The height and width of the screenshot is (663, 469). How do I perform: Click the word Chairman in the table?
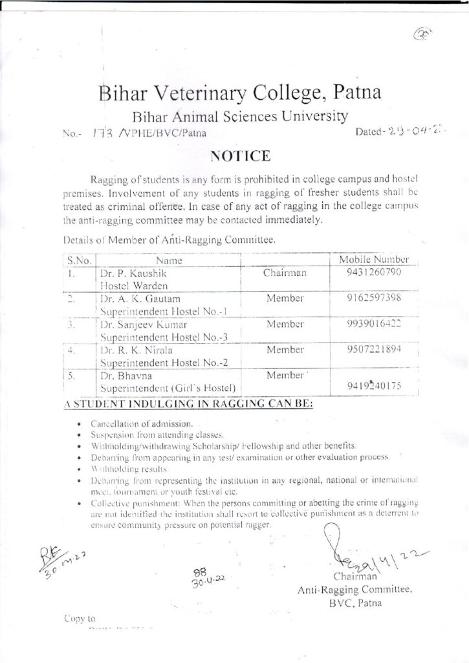(285, 273)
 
